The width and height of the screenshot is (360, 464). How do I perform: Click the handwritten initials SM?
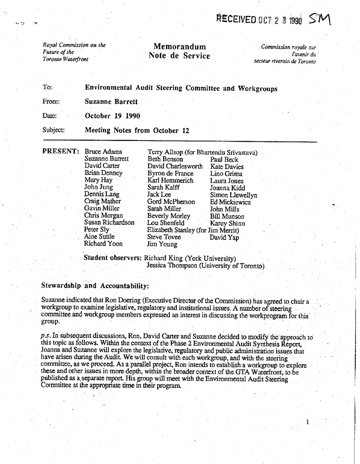tap(320, 19)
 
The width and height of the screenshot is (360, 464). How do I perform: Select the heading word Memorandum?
tap(180, 47)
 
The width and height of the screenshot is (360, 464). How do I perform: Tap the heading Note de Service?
tap(179, 56)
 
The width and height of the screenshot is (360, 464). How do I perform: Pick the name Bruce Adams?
tap(103, 152)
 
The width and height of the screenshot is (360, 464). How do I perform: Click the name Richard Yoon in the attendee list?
tap(103, 244)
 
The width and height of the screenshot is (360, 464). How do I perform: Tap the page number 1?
tap(307, 422)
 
